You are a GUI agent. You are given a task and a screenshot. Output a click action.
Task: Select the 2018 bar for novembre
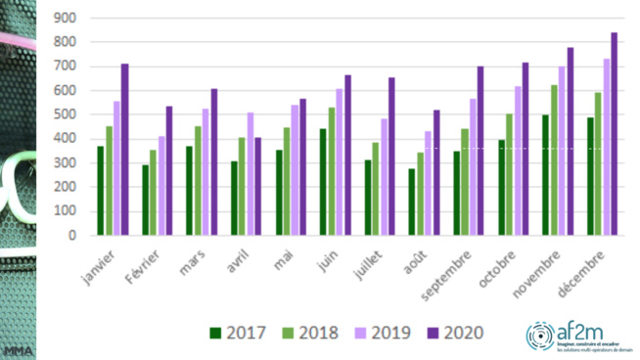tap(555, 160)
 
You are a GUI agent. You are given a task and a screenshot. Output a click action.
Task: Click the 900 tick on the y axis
tap(66, 19)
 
